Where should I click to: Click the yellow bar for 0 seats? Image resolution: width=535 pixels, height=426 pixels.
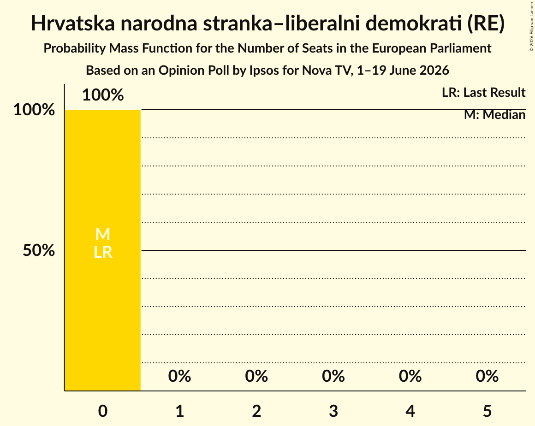tap(103, 250)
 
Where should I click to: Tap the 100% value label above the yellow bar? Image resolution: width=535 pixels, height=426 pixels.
tap(103, 95)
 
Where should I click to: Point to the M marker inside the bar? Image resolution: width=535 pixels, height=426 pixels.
tap(103, 235)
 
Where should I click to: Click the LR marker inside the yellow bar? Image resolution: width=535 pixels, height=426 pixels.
tap(103, 252)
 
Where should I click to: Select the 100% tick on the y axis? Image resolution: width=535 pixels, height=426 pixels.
tap(34, 110)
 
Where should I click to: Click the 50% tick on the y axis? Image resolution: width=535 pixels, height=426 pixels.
tap(39, 250)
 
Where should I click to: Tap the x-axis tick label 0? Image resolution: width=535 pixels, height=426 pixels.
tap(103, 411)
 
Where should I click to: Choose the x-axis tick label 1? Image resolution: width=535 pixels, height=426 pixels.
tap(180, 411)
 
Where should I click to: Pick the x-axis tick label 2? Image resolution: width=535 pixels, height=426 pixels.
tap(256, 411)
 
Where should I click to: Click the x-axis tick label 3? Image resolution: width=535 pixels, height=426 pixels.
tap(333, 411)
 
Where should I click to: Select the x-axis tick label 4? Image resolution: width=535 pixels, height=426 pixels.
tap(410, 411)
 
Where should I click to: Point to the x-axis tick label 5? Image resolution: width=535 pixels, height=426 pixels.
tap(487, 411)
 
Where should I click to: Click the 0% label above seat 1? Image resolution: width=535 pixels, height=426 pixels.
tap(180, 376)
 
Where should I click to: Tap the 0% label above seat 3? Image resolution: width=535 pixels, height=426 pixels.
tap(333, 376)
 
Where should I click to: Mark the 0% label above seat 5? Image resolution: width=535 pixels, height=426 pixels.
tap(487, 376)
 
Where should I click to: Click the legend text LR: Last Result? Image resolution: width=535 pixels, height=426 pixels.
tap(483, 92)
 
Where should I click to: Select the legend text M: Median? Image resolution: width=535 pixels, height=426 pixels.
tap(494, 115)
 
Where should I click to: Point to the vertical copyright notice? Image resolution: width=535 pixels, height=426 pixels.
tap(532, 26)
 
